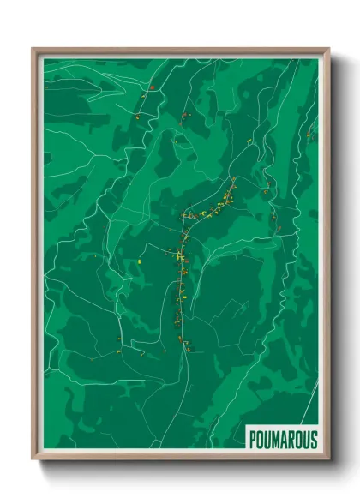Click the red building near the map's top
click(x=151, y=87)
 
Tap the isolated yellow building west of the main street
click(x=138, y=257)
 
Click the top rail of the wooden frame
click(x=180, y=51)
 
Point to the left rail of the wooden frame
click(x=36, y=257)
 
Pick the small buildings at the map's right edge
click(x=312, y=133)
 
